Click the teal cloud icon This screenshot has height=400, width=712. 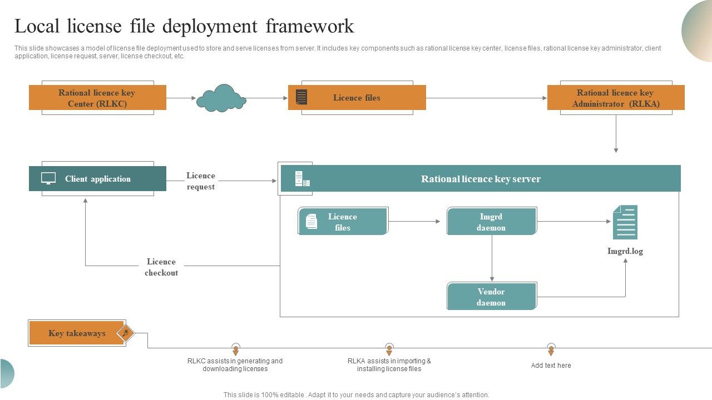click(x=221, y=98)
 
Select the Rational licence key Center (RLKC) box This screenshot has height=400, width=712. click(x=97, y=98)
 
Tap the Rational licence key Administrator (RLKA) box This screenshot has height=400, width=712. click(x=615, y=98)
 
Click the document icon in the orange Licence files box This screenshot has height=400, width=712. click(x=301, y=97)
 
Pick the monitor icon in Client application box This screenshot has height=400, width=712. click(x=48, y=178)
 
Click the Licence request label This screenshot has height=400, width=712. click(x=200, y=181)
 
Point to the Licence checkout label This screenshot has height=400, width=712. click(x=161, y=267)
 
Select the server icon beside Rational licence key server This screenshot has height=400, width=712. click(x=302, y=179)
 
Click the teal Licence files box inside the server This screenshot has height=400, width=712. click(x=343, y=222)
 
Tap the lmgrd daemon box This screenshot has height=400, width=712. click(x=491, y=222)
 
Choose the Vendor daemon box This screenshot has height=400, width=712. click(x=491, y=297)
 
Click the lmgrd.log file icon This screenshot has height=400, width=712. click(x=625, y=222)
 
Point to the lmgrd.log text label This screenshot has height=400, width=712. click(x=625, y=251)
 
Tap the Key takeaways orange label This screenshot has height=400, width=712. click(x=77, y=333)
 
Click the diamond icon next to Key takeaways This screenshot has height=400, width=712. click(x=126, y=333)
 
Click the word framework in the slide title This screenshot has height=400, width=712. click(x=310, y=26)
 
